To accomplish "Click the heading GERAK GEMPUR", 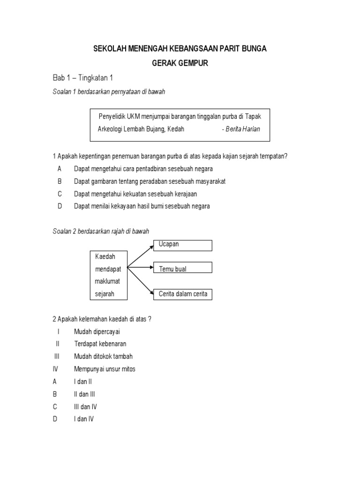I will (180, 62).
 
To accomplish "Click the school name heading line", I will (180, 49).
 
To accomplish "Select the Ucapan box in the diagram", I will (182, 245).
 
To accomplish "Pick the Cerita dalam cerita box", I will (182, 294).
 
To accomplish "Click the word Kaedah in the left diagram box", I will (105, 256).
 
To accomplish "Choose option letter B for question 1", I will (60, 181).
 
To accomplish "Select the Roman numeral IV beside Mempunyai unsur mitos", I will (55, 369).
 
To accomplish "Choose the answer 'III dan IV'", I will (85, 407).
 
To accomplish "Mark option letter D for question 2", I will (55, 419).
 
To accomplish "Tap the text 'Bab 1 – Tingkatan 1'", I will (83, 78).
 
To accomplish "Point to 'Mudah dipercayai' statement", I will (97, 331).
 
